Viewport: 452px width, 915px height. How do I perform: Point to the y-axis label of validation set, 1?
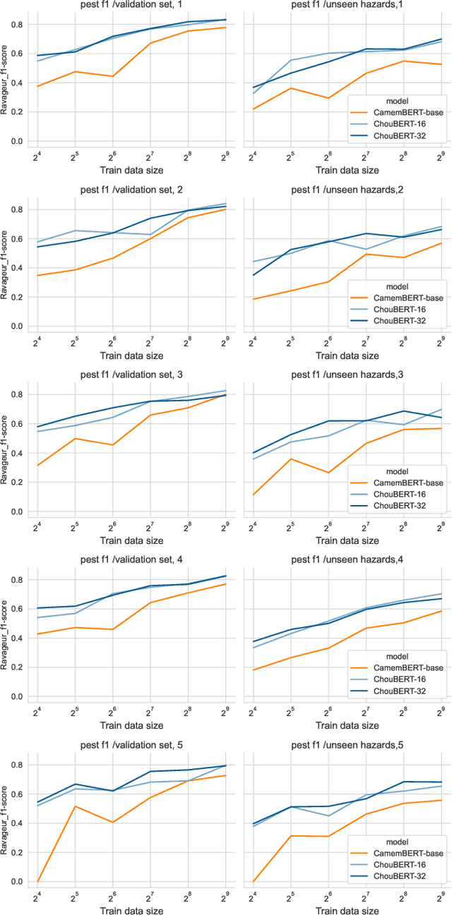pos(6,83)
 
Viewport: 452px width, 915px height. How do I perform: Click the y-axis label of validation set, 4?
pos(6,638)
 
